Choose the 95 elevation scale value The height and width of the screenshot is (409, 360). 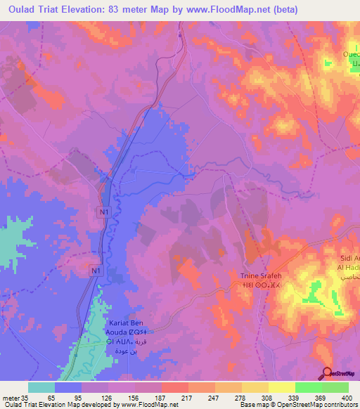tap(67, 398)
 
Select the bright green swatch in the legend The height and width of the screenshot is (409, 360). tap(309, 387)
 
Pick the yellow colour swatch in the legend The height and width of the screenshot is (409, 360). tap(282, 387)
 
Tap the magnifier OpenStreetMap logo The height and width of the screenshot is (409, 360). tap(327, 374)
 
